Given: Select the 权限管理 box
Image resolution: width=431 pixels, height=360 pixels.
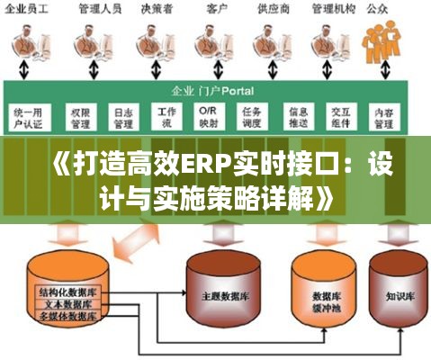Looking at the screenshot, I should pos(80,117).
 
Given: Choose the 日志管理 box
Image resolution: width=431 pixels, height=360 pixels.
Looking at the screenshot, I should pos(123,117).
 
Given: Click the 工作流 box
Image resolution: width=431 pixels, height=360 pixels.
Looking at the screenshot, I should pos(167,117).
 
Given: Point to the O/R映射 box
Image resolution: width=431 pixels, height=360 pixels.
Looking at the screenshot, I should pos(209,117).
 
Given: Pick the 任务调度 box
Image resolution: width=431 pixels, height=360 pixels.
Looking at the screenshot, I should pos(254,117).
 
